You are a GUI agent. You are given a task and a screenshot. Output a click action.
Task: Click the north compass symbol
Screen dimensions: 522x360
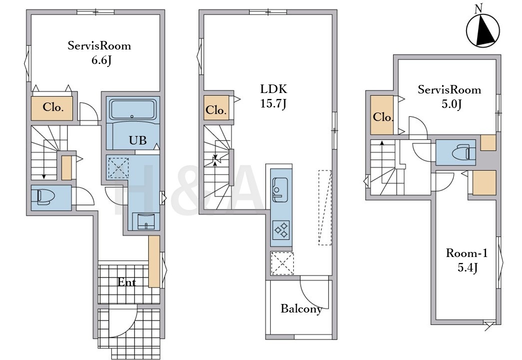(483, 30)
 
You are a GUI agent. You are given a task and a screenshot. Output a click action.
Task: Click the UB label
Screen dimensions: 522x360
(137, 140)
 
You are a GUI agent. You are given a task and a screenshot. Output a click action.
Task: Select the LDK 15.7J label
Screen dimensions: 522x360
(273, 96)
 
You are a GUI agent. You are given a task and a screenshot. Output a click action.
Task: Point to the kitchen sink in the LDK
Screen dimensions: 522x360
(281, 189)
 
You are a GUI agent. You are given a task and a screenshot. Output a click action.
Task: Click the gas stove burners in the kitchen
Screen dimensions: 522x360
(281, 229)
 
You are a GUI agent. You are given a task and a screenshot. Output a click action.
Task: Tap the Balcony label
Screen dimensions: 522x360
(301, 308)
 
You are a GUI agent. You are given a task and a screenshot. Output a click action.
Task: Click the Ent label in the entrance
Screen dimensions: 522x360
(127, 282)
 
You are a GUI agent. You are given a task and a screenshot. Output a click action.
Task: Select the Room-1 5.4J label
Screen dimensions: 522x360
(467, 260)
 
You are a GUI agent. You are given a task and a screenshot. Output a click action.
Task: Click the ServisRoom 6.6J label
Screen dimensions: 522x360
(99, 52)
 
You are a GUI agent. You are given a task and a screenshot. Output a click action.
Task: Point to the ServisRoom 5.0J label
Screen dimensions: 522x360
(450, 96)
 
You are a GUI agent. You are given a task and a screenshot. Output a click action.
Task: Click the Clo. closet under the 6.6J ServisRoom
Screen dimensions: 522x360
(52, 108)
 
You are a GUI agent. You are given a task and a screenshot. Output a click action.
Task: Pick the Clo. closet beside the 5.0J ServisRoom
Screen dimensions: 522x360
(382, 115)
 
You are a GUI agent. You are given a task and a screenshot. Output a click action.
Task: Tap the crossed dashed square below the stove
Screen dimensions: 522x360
(282, 263)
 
